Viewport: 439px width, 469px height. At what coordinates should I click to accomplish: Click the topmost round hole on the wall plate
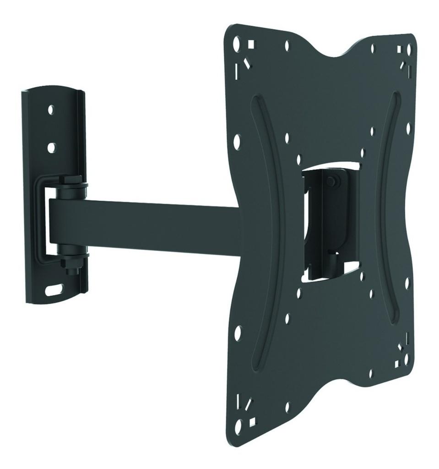(x=51, y=110)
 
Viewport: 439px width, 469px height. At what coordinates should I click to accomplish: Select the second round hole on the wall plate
(x=51, y=147)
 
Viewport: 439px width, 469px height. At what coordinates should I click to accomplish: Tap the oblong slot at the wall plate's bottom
(x=54, y=290)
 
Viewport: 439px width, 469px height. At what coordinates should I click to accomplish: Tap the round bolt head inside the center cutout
(x=331, y=182)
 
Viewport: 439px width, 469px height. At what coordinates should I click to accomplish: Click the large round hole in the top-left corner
(x=237, y=44)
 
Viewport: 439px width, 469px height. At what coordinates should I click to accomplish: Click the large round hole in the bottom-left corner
(x=238, y=425)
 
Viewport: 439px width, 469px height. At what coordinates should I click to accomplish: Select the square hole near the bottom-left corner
(x=251, y=419)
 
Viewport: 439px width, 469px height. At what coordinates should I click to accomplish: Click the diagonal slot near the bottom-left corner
(x=248, y=404)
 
